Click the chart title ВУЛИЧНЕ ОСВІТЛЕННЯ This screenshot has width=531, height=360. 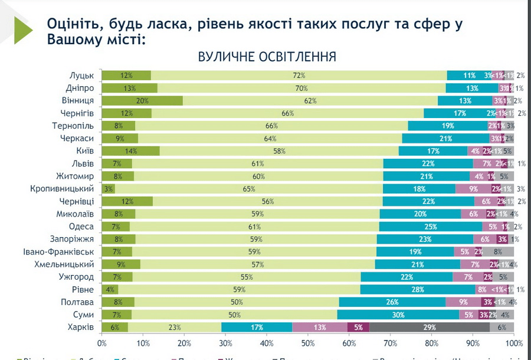(x=267, y=57)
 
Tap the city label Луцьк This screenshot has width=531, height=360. (x=81, y=76)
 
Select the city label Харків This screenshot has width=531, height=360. (x=80, y=327)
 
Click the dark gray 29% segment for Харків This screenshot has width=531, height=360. (x=430, y=327)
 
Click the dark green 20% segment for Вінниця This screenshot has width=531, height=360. (x=142, y=100)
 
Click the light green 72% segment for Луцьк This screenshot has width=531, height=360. (x=299, y=76)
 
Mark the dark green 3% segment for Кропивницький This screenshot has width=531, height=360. (x=108, y=189)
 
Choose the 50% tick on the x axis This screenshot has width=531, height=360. (x=308, y=343)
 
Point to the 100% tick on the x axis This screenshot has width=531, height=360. (x=514, y=343)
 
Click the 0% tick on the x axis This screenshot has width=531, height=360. (x=102, y=343)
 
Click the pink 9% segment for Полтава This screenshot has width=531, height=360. (x=463, y=302)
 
